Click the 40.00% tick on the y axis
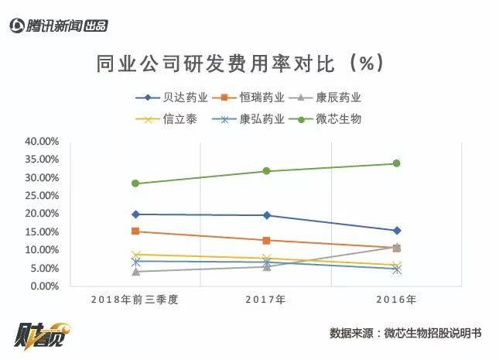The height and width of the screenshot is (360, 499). point(42,142)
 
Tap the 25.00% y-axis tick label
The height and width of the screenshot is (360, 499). point(42,196)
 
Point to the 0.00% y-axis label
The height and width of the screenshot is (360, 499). point(44,286)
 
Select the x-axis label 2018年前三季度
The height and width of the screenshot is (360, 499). point(135,299)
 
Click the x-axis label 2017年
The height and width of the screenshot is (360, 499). point(266,299)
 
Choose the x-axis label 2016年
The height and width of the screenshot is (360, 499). point(397,299)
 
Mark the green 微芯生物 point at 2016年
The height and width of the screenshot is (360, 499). point(397,163)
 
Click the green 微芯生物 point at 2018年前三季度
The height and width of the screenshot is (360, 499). point(135,183)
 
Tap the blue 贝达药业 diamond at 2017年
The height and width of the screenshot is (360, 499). point(266,215)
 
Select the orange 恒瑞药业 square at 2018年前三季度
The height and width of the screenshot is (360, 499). point(135,231)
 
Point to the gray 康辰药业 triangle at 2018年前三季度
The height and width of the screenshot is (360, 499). point(135,272)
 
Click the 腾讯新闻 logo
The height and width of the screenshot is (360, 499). point(58,26)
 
